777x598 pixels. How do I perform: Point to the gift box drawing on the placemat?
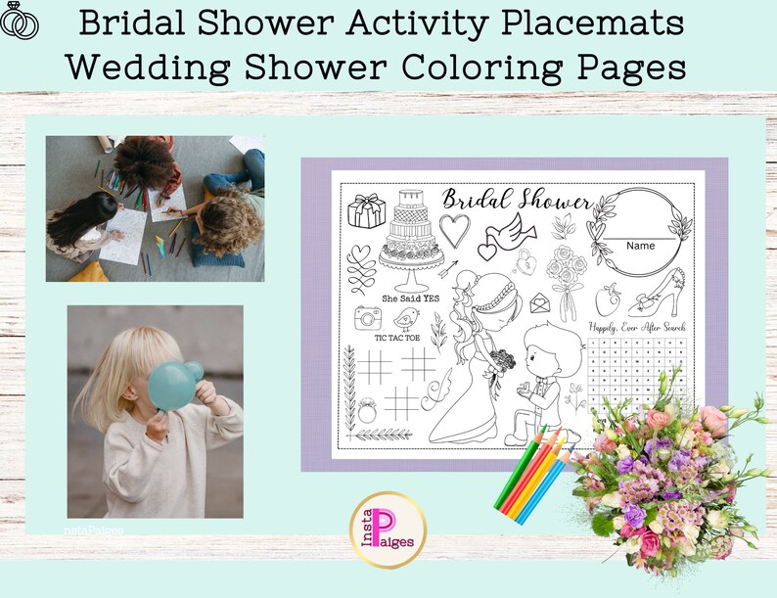(x=367, y=210)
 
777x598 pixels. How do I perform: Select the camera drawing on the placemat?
(x=367, y=317)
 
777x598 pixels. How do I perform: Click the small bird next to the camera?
(x=406, y=317)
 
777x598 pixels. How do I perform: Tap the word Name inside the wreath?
(x=641, y=246)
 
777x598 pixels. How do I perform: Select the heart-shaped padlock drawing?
(x=526, y=261)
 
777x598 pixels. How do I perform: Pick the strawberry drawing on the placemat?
(x=607, y=298)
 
